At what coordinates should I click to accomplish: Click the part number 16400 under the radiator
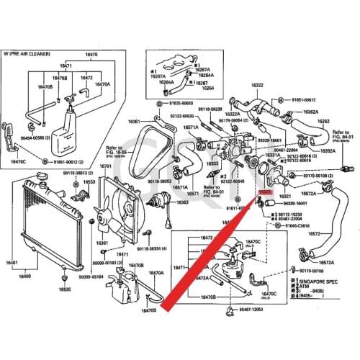24,276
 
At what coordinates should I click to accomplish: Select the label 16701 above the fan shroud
105,166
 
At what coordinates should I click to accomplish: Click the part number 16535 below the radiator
66,289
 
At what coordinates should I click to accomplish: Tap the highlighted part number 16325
264,193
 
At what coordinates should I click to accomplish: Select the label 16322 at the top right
257,85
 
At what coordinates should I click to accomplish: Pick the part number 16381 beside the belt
134,122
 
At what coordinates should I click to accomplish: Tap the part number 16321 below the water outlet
284,195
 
